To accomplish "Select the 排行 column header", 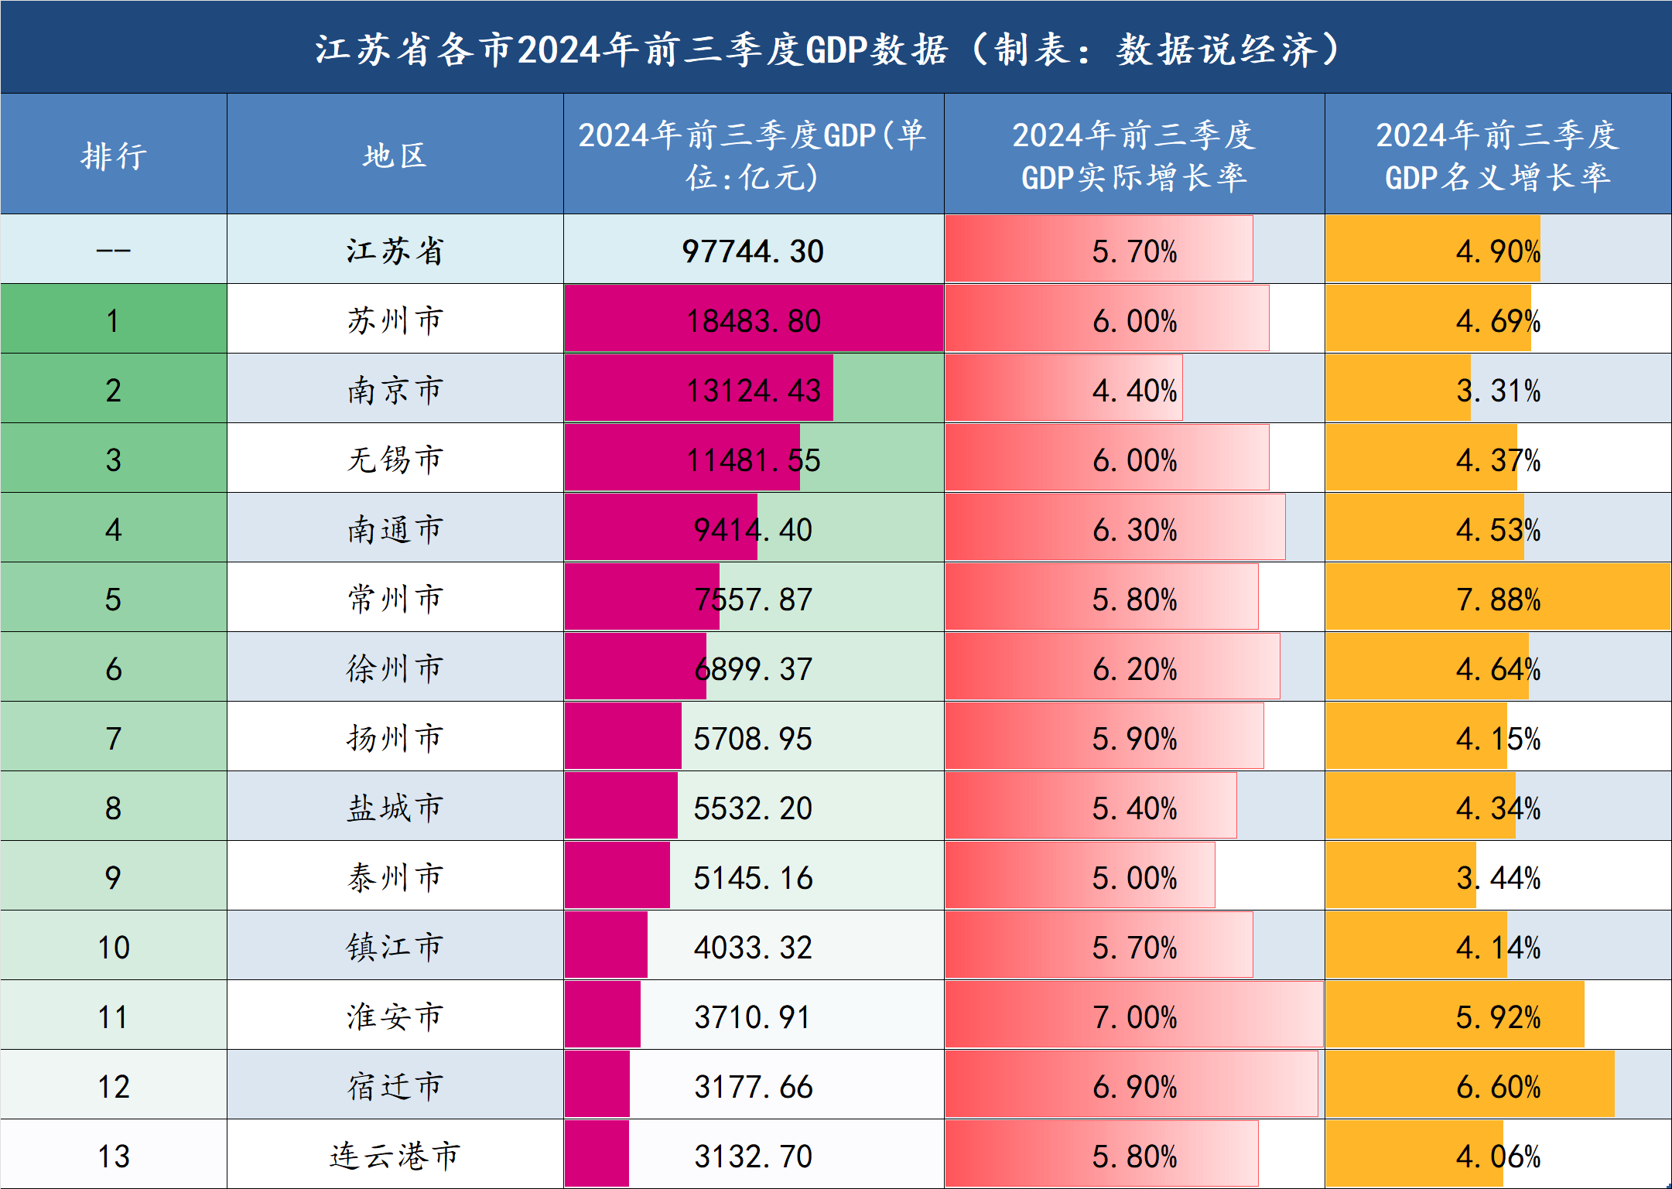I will click(114, 155).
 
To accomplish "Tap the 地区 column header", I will click(395, 155).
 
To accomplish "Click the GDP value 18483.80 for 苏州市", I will click(753, 321).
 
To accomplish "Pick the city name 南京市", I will click(395, 391).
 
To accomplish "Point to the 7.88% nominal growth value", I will click(1498, 600).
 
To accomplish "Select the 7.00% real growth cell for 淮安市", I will click(1134, 1017).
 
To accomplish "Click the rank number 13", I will click(114, 1157).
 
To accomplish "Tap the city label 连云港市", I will click(395, 1157).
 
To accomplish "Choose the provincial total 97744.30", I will click(753, 251).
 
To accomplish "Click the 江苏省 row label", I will click(395, 251).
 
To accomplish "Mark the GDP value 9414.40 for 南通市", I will click(753, 530).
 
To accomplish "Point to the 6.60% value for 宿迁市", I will click(1498, 1087).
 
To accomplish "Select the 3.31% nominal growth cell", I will click(1498, 391).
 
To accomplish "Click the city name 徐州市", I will click(395, 669).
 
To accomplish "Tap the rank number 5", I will click(114, 600).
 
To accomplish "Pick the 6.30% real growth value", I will click(1134, 530).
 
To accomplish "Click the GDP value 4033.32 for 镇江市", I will click(753, 948).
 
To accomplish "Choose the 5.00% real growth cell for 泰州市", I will click(1134, 878).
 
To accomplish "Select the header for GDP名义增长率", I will click(1498, 155).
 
